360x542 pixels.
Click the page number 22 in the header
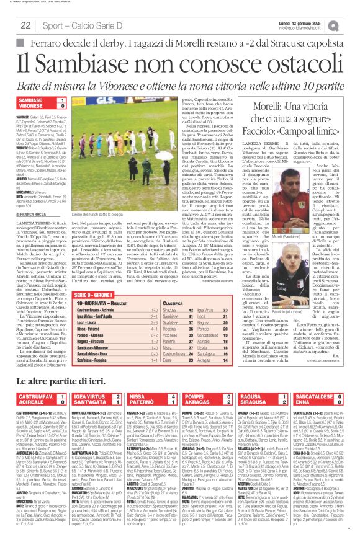coord(26,25)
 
